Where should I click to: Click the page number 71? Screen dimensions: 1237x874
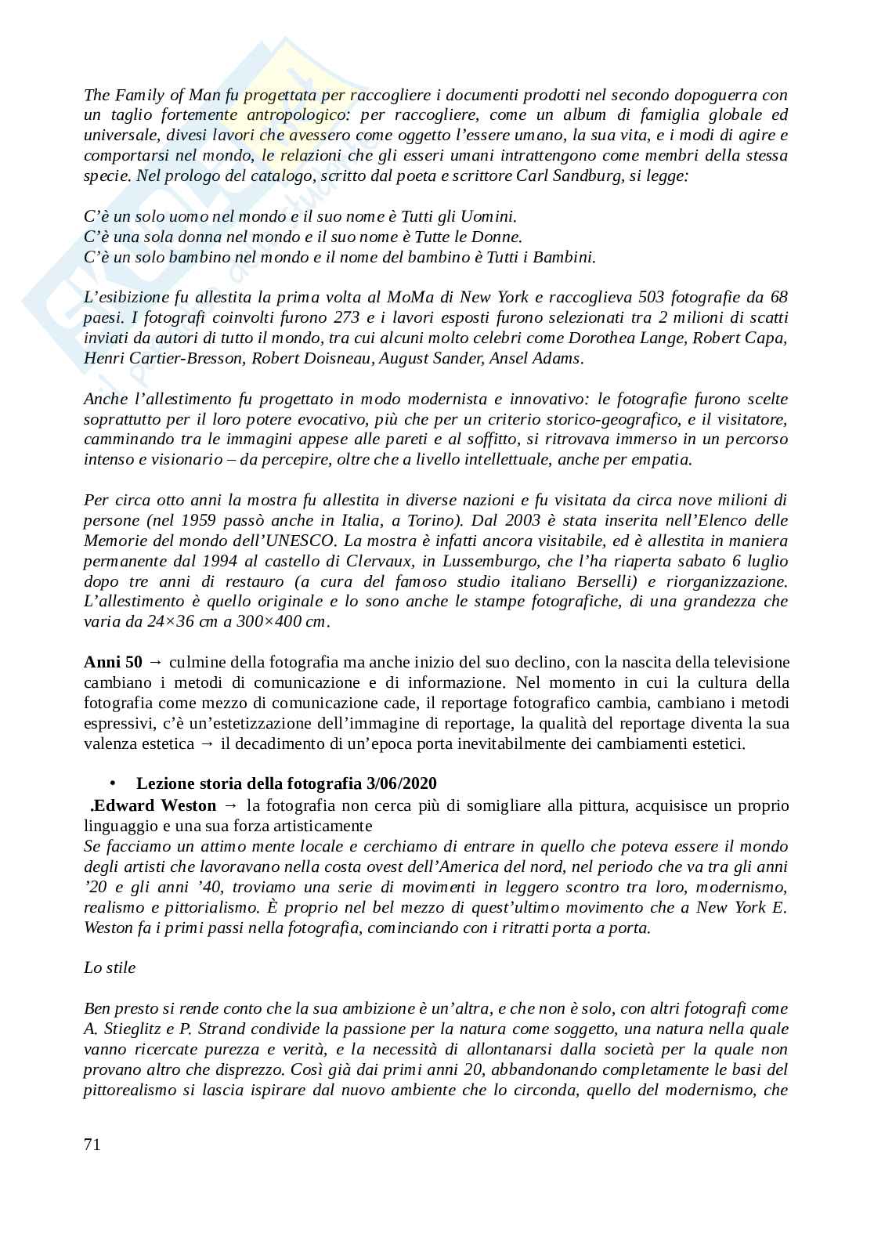click(92, 1145)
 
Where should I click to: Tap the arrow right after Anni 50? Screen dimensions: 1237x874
click(153, 662)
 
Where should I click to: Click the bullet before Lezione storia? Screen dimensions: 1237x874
click(113, 783)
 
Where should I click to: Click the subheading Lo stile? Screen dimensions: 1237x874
click(110, 968)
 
